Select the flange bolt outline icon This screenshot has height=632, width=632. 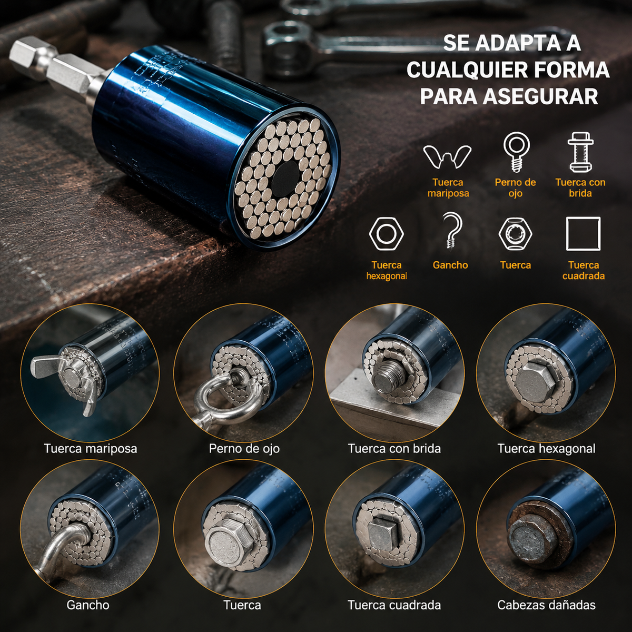(580, 152)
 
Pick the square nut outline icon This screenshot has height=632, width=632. (584, 233)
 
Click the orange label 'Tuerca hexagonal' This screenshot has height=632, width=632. (387, 270)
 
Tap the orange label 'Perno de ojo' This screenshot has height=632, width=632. (515, 187)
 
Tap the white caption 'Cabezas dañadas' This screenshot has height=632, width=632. (546, 605)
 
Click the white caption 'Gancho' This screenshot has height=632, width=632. (88, 605)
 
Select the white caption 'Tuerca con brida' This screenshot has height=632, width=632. (394, 448)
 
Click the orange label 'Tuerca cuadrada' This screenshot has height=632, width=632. (584, 270)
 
